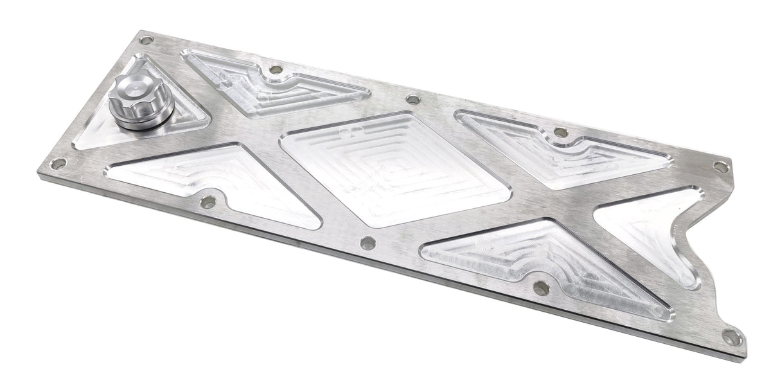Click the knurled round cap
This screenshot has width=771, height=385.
pyautogui.click(x=140, y=102)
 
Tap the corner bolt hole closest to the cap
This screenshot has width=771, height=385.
pyautogui.click(x=146, y=40)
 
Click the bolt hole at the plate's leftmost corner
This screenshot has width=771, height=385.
pyautogui.click(x=58, y=164)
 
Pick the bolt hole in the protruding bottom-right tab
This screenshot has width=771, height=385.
pyautogui.click(x=730, y=336)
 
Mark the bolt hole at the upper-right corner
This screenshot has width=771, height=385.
pyautogui.click(x=721, y=166)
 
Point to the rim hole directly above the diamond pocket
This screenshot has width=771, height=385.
pyautogui.click(x=413, y=100)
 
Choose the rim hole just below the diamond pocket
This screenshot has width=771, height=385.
pyautogui.click(x=368, y=243)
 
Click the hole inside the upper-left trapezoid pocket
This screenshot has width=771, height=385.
pyautogui.click(x=276, y=69)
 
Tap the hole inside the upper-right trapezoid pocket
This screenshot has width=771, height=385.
pyautogui.click(x=560, y=132)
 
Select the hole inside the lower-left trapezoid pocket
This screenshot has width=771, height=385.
pyautogui.click(x=208, y=202)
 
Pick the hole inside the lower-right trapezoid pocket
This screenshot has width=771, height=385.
pyautogui.click(x=541, y=288)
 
